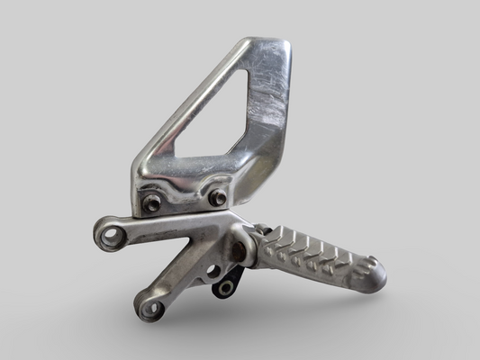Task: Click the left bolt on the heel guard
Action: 152,203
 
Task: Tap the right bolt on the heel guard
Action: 218,197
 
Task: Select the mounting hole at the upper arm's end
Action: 111,237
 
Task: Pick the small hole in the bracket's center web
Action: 212,269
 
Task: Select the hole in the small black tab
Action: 226,288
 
